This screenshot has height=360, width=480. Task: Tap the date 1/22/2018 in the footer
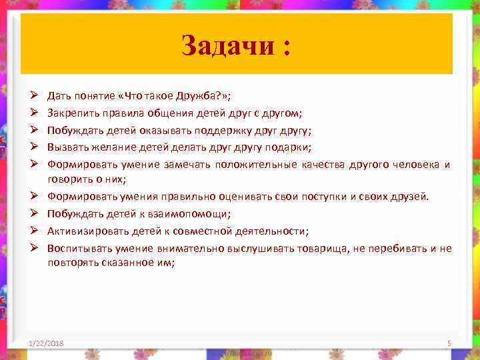[x=47, y=342]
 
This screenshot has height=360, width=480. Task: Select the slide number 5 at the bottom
[x=449, y=343]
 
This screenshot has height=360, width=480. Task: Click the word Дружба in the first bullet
[x=183, y=96]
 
